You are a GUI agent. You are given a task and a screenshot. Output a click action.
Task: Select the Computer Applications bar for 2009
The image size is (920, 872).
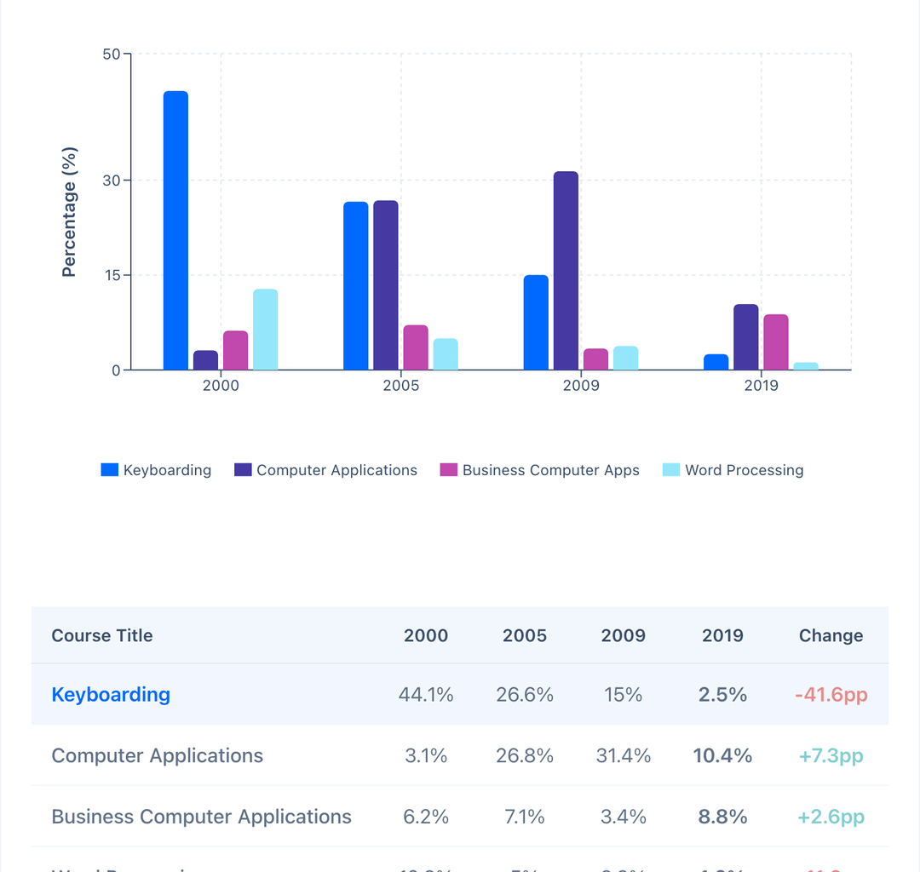566,271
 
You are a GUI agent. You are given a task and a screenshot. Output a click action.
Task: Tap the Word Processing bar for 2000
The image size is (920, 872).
265,330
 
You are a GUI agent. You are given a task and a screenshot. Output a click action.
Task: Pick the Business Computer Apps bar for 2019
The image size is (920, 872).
775,342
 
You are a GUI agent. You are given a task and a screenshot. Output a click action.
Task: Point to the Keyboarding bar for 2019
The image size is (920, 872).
716,362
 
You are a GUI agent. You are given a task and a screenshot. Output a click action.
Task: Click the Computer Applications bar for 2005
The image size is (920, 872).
386,285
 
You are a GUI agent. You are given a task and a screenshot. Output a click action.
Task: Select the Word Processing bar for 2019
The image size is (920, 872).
806,366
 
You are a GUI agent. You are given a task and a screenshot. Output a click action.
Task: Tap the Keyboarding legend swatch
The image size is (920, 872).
109,470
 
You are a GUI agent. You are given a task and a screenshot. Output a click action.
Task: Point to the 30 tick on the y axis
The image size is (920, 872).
112,181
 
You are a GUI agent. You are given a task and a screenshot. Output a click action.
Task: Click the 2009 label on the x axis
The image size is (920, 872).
581,386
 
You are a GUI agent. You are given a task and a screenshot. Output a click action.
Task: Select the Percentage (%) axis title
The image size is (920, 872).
70,212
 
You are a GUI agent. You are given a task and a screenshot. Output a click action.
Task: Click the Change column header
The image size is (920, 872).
831,635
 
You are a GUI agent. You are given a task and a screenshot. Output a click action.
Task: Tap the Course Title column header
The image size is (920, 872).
102,635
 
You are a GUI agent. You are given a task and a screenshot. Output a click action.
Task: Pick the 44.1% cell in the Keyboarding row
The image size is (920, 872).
426,695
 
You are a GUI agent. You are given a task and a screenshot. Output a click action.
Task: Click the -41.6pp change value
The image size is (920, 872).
831,695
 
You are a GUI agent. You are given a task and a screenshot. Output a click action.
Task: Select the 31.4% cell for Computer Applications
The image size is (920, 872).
624,755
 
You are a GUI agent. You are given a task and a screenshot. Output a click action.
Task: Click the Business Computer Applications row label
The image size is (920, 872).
201,817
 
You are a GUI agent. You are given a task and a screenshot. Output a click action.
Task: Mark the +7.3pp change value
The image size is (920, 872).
831,755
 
